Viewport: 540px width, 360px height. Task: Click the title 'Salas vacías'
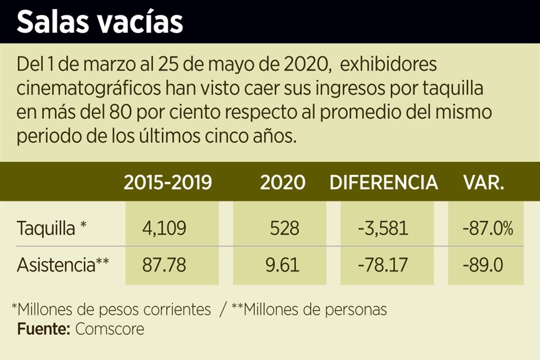pos(100,22)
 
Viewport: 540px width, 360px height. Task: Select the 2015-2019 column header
pos(168,182)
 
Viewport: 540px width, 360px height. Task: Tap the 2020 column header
pos(282,182)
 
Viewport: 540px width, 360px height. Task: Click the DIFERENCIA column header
pos(384,182)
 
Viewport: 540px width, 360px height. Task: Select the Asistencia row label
pos(62,264)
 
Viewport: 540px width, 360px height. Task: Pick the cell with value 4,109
pos(164,229)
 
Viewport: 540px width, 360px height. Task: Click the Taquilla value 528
pos(284,229)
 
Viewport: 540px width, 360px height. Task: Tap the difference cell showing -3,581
pos(382,229)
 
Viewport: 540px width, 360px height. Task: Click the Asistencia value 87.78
pos(164,264)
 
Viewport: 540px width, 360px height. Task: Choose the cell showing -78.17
pos(382,264)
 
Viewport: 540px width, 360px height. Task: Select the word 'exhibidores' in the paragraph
pos(389,65)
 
